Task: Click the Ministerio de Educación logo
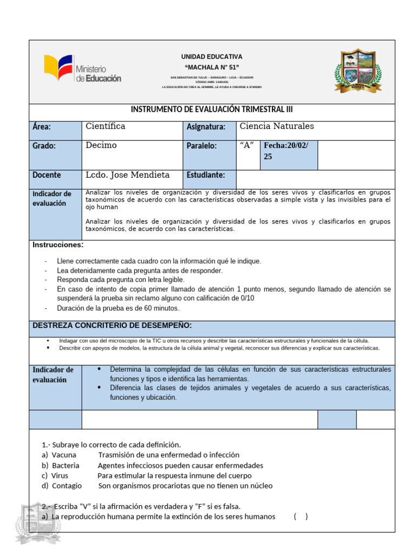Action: pos(82,69)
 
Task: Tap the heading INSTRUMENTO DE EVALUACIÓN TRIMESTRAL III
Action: pos(212,109)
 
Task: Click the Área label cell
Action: pos(55,127)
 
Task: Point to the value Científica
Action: pos(106,126)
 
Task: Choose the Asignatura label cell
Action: pos(206,127)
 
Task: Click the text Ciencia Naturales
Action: pos(277,126)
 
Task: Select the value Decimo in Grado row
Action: pos(101,145)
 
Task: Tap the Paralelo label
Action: pos(201,146)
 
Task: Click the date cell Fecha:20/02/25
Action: pos(288,151)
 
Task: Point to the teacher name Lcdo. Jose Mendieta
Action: pos(127,175)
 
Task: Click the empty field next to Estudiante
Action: pos(315,175)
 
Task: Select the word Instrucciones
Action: pos(58,245)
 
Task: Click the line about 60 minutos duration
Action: pos(118,308)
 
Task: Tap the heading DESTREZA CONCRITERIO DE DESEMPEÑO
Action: pos(112,325)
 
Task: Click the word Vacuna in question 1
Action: pos(64,455)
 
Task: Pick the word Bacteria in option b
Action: pos(66,466)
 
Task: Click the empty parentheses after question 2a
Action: pos(301,517)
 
